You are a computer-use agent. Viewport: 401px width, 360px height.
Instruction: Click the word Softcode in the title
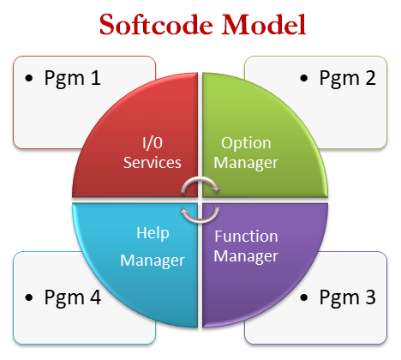pyautogui.click(x=156, y=25)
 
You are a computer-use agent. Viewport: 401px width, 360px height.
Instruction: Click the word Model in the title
pyautogui.click(x=264, y=25)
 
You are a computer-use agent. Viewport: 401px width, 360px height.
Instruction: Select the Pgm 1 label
pyautogui.click(x=73, y=78)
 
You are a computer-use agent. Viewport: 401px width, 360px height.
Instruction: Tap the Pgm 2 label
pyautogui.click(x=347, y=78)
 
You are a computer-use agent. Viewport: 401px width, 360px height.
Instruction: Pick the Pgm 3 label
pyautogui.click(x=347, y=297)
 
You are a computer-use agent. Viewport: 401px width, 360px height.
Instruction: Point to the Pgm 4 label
pyautogui.click(x=73, y=297)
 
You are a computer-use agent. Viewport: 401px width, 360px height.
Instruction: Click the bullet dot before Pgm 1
pyautogui.click(x=29, y=78)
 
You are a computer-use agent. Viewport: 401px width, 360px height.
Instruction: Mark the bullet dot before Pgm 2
pyautogui.click(x=304, y=78)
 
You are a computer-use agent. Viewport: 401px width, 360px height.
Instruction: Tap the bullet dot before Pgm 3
pyautogui.click(x=304, y=297)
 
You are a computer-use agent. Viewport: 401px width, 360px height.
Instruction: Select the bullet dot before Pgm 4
pyautogui.click(x=29, y=297)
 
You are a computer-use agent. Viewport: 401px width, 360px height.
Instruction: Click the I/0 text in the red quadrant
pyautogui.click(x=153, y=143)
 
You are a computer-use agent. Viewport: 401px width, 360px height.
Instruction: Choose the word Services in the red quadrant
pyautogui.click(x=153, y=163)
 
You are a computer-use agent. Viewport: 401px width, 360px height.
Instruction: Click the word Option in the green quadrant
pyautogui.click(x=246, y=143)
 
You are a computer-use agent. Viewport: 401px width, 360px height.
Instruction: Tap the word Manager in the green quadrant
pyautogui.click(x=246, y=164)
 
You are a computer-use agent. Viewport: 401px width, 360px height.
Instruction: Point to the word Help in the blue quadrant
pyautogui.click(x=153, y=234)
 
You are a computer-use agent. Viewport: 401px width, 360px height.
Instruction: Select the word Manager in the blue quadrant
pyautogui.click(x=153, y=261)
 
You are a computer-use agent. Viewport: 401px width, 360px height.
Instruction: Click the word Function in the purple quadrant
pyautogui.click(x=246, y=237)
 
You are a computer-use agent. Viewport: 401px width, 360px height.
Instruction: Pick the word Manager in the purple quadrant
pyautogui.click(x=246, y=256)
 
